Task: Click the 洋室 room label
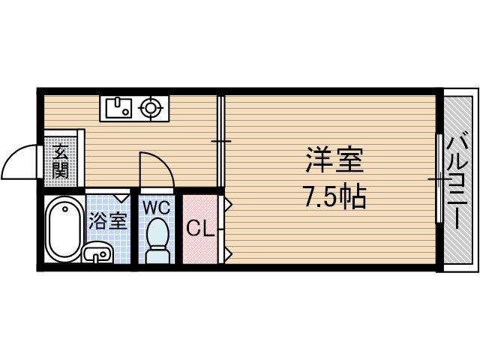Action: pos(334,161)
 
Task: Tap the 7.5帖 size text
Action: pos(334,196)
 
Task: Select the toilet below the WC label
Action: pos(157,240)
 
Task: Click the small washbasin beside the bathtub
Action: pos(96,255)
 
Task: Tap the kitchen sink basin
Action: pos(117,109)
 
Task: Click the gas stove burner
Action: pos(152,109)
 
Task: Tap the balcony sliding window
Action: pos(439,178)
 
